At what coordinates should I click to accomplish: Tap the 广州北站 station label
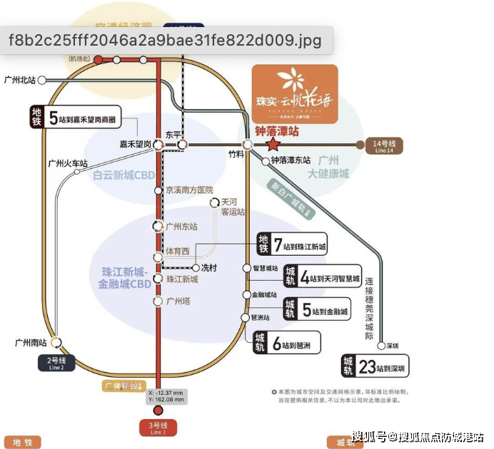pos(19,80)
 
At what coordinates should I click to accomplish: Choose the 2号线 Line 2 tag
pos(56,363)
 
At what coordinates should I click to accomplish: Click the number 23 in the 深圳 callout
pos(366,367)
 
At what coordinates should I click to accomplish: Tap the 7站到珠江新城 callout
pos(293,246)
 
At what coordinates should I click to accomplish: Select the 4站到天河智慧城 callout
pos(322,278)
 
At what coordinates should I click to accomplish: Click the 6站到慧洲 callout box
pos(285,344)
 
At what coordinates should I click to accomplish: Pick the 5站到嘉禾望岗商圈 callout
pos(74,118)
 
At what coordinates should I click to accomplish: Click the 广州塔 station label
pos(178,301)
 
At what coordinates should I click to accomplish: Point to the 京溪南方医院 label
pos(189,190)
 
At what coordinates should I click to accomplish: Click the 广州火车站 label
pos(68,163)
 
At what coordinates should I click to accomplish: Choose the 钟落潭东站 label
pos(291,160)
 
